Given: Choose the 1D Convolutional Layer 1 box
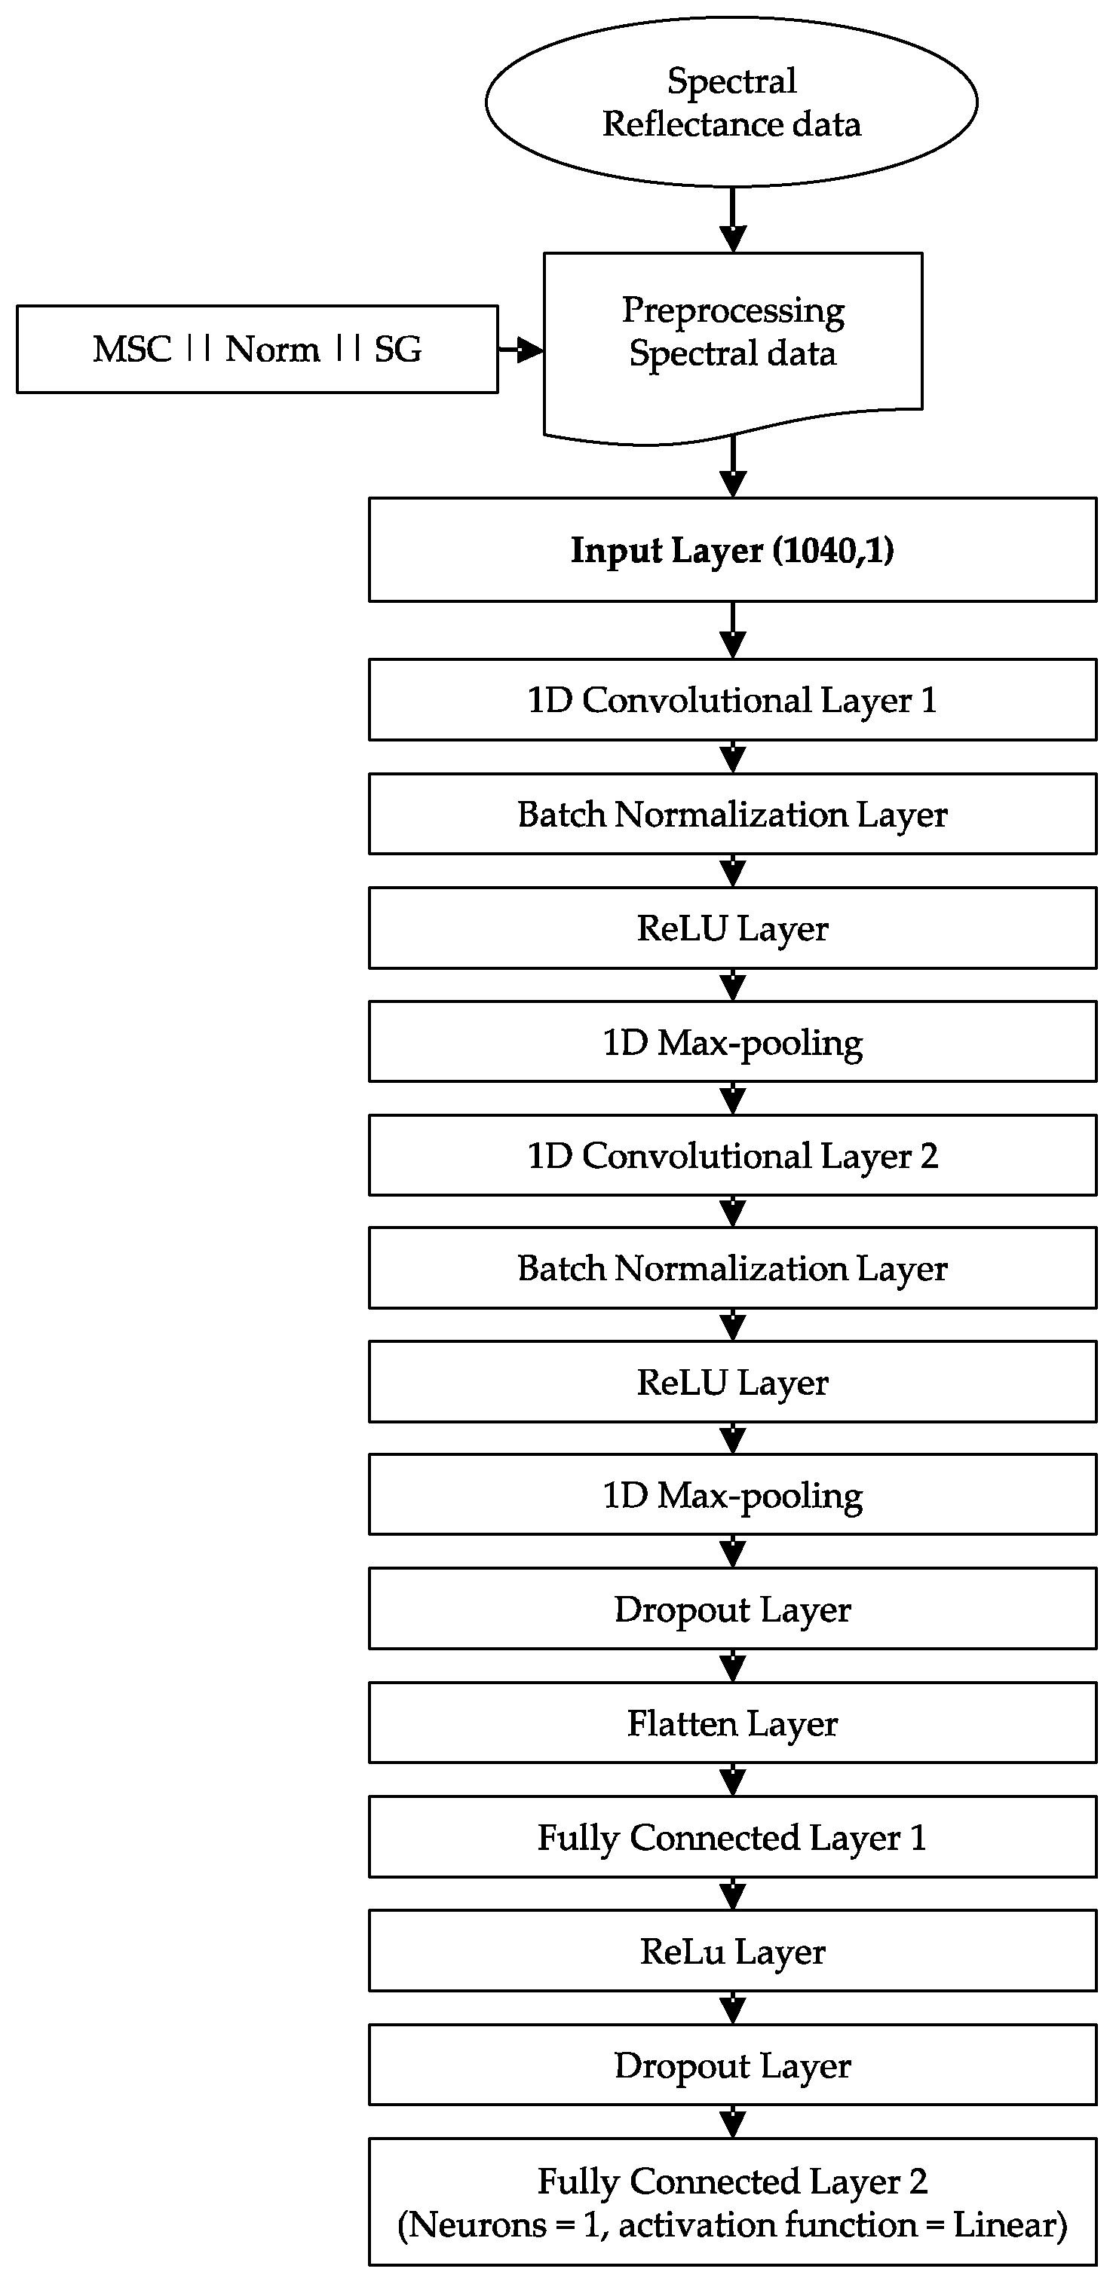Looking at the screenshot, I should coord(733,699).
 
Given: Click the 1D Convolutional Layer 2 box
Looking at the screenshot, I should coord(733,1155).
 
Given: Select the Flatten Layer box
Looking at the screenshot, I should coord(733,1723).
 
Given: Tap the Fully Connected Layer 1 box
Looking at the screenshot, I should coord(733,1837).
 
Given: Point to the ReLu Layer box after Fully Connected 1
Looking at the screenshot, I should coord(733,1951).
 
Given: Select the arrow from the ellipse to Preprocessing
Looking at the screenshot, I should coord(733,219).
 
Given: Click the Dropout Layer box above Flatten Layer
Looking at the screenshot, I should coord(733,1610).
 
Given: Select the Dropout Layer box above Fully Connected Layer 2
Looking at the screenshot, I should coord(733,2065).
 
